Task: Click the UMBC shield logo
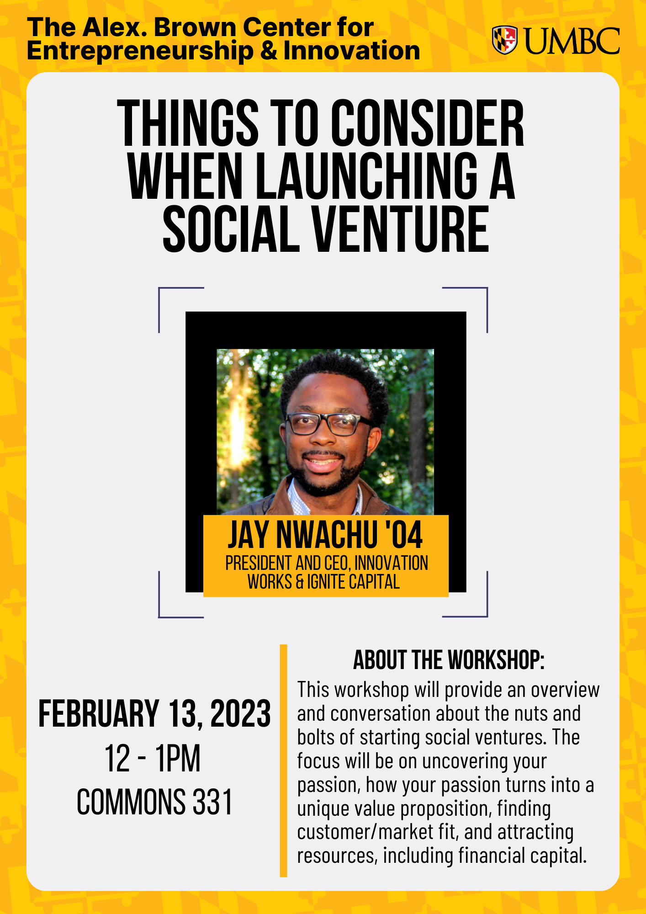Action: tap(504, 40)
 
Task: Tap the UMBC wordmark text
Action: tap(571, 41)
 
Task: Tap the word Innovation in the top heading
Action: tap(351, 50)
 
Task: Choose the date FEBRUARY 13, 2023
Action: tap(154, 713)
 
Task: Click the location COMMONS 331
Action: tap(154, 802)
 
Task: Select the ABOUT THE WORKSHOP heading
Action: tap(449, 660)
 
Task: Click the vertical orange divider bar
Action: tap(283, 761)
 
